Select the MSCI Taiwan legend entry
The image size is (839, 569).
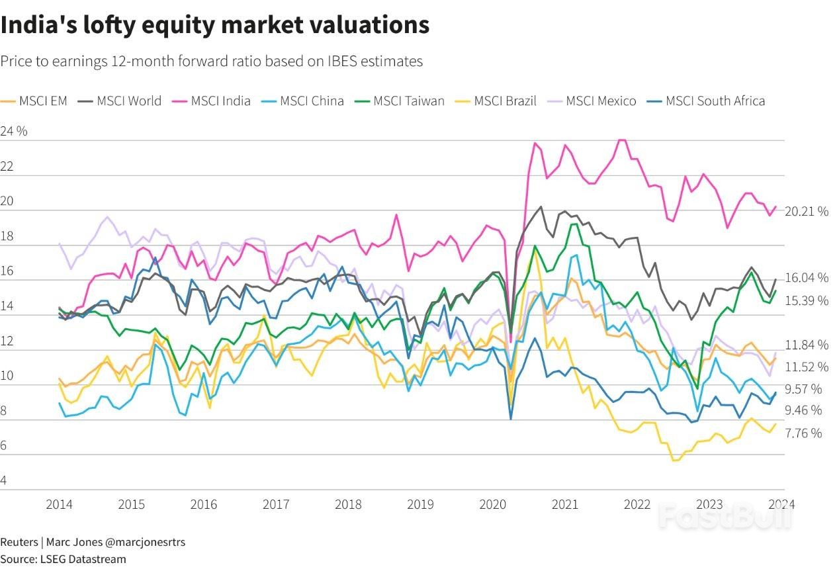coord(400,101)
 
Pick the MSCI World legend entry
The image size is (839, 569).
coord(120,101)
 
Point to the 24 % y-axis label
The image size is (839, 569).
coord(14,131)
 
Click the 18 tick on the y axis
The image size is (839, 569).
coord(7,236)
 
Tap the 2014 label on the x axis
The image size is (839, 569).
coord(59,504)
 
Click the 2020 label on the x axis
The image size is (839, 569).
coord(492,504)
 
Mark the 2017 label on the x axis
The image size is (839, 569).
coord(276,504)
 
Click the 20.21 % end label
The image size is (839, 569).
coord(807,212)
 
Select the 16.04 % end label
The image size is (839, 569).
coord(807,278)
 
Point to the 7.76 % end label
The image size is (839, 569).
coord(803,433)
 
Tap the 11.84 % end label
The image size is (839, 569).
coord(807,345)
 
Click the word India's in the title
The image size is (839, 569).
coord(41,25)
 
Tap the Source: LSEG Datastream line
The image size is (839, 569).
coord(63,559)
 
